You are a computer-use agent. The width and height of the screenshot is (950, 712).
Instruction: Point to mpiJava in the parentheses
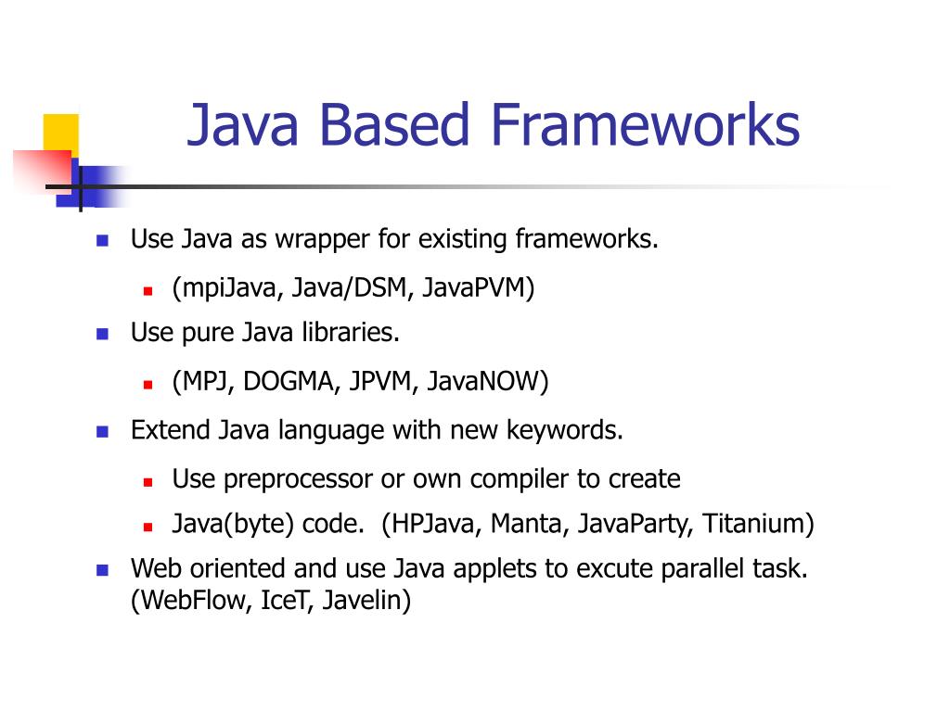tap(227, 288)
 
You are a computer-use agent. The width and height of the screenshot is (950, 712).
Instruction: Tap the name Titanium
tap(757, 524)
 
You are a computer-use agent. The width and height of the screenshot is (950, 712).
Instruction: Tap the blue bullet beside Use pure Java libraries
tap(103, 333)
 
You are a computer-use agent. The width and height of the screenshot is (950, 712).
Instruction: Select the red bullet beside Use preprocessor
tap(148, 481)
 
